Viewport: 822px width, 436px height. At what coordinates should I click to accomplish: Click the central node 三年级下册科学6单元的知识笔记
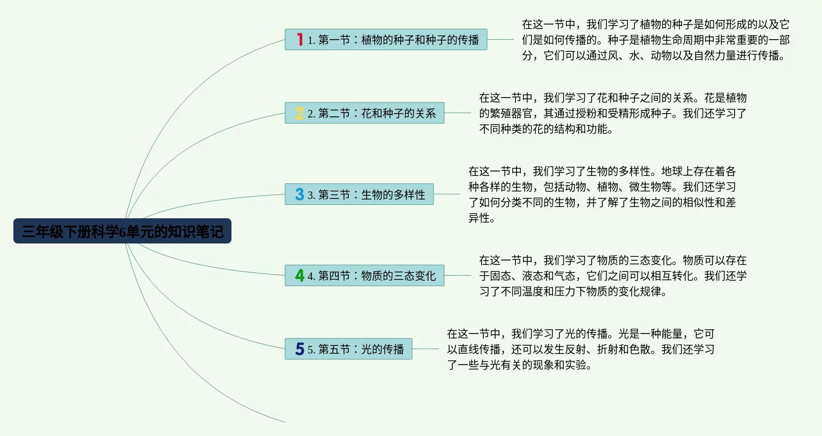[x=122, y=231]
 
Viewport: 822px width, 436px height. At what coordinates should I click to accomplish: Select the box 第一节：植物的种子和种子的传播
[x=386, y=39]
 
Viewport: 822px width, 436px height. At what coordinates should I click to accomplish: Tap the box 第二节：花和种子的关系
[x=364, y=113]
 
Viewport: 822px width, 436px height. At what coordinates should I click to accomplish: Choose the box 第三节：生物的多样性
[x=359, y=194]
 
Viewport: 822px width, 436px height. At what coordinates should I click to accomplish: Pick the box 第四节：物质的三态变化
[x=364, y=275]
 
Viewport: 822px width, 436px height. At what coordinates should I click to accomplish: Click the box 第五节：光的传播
[x=349, y=349]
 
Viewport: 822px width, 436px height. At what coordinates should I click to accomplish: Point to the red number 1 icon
[x=300, y=39]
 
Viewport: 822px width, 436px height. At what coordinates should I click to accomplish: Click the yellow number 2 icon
[x=300, y=113]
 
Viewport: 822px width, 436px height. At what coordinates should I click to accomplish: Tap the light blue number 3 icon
[x=300, y=194]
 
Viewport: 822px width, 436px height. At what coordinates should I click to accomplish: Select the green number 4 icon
[x=300, y=276]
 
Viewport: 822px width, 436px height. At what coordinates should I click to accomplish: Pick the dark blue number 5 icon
[x=300, y=349]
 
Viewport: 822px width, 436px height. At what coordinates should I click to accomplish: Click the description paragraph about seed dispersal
[x=656, y=40]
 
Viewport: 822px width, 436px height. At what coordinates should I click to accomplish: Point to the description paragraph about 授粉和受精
[x=613, y=113]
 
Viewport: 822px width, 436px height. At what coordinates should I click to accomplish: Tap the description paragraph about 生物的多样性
[x=602, y=194]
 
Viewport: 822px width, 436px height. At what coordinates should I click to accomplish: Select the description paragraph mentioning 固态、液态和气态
[x=613, y=276]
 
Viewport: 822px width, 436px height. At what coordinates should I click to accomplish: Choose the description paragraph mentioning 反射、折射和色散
[x=580, y=349]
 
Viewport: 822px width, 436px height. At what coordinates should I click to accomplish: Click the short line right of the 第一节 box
[x=500, y=39]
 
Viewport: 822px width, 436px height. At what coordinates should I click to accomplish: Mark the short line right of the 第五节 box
[x=425, y=349]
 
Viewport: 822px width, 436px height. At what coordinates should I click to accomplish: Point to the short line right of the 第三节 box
[x=447, y=194]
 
